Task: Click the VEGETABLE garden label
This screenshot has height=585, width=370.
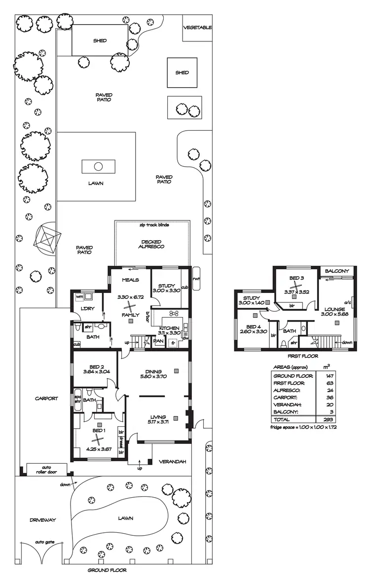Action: point(197,28)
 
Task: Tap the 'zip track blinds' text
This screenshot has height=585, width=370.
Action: point(154,225)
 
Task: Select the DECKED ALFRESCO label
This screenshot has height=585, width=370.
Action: point(151,244)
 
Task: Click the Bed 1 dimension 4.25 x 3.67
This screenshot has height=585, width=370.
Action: point(99,449)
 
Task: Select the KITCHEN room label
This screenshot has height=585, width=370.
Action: point(168,328)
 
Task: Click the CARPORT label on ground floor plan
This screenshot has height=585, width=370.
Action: point(46,399)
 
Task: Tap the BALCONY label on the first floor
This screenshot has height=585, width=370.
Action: point(337,271)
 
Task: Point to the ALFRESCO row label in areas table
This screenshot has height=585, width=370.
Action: point(287,390)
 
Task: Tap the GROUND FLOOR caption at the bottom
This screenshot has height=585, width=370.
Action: point(107,570)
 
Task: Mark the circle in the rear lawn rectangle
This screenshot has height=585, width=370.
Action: point(98,166)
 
